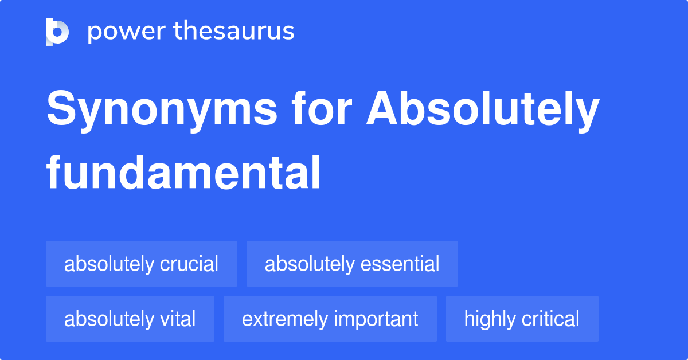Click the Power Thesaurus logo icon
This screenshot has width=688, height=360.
pyautogui.click(x=57, y=32)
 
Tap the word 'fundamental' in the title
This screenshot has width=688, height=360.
pyautogui.click(x=183, y=173)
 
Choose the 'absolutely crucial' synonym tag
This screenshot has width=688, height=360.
pyautogui.click(x=141, y=264)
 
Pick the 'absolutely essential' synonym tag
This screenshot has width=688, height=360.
pyautogui.click(x=352, y=264)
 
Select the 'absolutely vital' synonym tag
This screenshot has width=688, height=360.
pyautogui.click(x=130, y=319)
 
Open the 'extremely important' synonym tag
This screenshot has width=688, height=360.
pyautogui.click(x=330, y=319)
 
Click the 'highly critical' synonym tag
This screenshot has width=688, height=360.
pyautogui.click(x=522, y=319)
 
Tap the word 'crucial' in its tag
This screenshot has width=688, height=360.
pyautogui.click(x=189, y=264)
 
